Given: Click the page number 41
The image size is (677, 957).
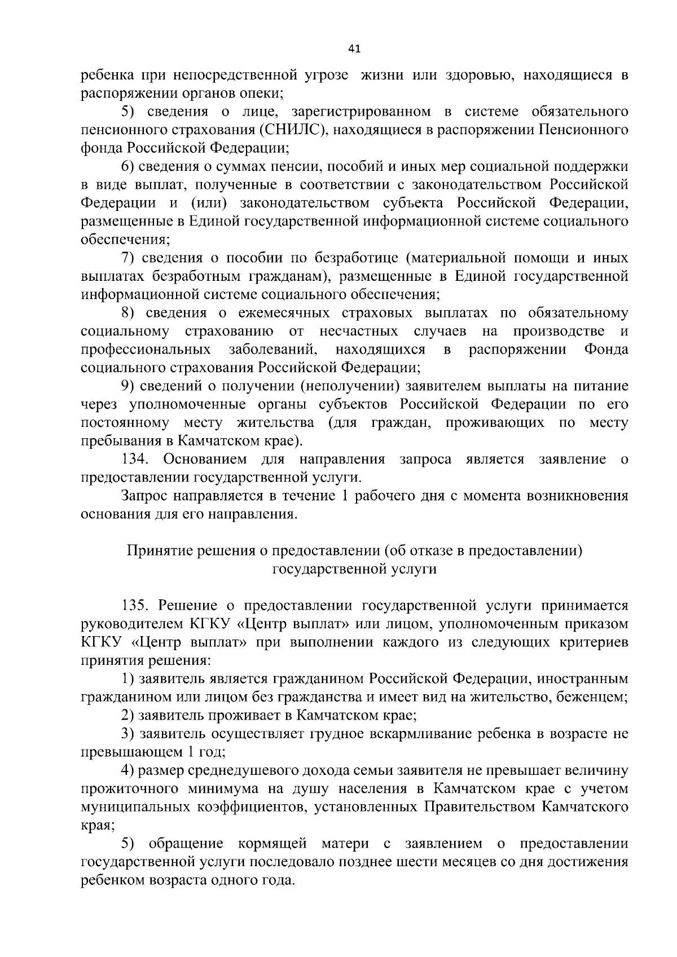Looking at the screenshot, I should pos(354,48).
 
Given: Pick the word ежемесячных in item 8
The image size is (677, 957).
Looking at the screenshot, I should pos(284,313).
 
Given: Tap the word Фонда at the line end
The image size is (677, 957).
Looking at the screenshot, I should pos(606,349).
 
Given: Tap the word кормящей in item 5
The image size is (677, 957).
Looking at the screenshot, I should pos(272,844).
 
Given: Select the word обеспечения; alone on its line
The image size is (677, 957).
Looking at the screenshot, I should pos(125,240).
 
